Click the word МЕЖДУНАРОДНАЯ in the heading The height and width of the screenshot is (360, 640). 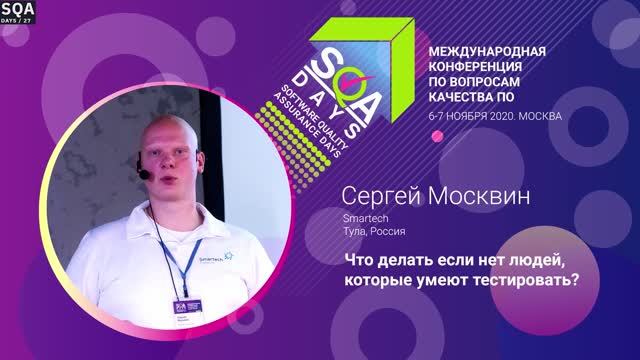486,50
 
